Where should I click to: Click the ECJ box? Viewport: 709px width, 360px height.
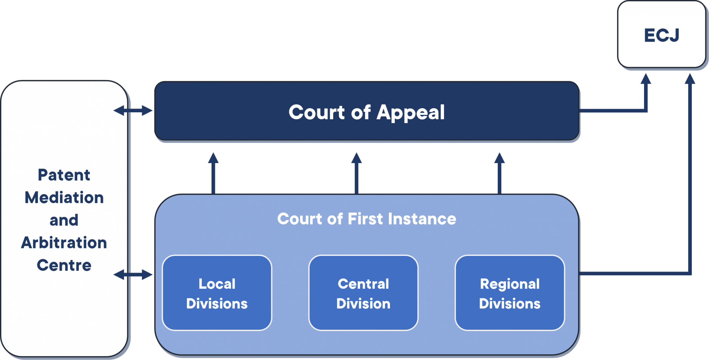pos(661,35)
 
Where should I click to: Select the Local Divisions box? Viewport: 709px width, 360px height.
pos(217,293)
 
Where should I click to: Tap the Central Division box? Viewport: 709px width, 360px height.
pos(363,293)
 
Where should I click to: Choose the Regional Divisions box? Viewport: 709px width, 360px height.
pos(509,293)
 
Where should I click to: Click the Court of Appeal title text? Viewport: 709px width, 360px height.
pos(366,112)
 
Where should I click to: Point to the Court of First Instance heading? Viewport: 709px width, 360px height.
pos(366,219)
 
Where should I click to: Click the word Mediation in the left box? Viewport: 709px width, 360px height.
pos(64,198)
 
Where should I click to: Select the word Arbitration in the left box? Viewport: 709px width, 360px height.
pos(64,243)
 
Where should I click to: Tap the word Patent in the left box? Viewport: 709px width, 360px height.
pos(64,175)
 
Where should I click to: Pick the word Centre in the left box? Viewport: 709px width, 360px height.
pos(64,265)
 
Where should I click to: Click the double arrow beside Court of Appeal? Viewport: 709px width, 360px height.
pos(133,110)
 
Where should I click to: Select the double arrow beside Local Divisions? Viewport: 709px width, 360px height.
pos(133,275)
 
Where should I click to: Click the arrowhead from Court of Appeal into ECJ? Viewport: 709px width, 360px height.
pos(646,78)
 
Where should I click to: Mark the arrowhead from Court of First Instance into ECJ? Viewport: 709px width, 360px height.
pos(690,78)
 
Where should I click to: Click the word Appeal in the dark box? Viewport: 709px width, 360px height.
pos(410,112)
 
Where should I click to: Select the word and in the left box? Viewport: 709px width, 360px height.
pos(64,220)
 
